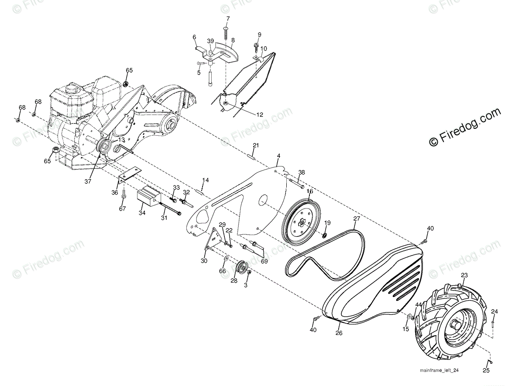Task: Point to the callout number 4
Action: (x=278, y=156)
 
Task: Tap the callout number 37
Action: (x=88, y=181)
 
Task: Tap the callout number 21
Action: (x=256, y=145)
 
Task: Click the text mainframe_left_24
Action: (x=439, y=370)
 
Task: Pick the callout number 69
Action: (x=264, y=261)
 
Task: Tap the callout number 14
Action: (x=205, y=180)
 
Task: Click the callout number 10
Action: (x=264, y=49)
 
